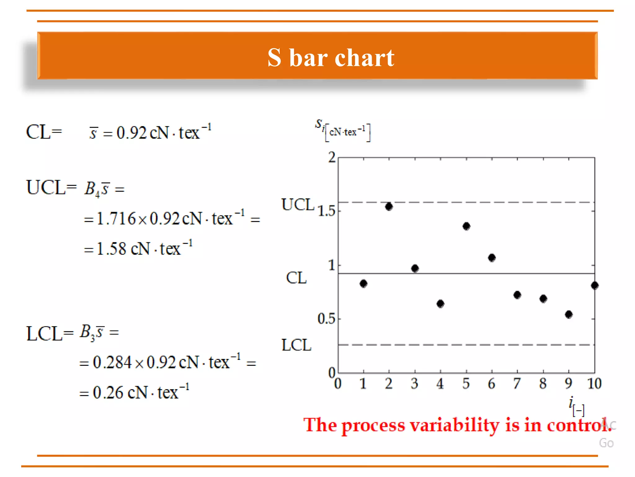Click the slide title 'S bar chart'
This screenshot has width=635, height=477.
pyautogui.click(x=331, y=58)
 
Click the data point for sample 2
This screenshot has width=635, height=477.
pyautogui.click(x=389, y=207)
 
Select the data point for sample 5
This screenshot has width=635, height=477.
pyautogui.click(x=466, y=226)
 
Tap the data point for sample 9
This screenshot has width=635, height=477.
pyautogui.click(x=569, y=315)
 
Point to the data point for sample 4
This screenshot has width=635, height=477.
pyautogui.click(x=440, y=303)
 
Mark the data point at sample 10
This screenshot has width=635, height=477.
pyautogui.click(x=594, y=285)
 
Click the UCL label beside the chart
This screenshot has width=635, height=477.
pyautogui.click(x=298, y=205)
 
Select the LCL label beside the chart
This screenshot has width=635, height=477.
pyautogui.click(x=296, y=345)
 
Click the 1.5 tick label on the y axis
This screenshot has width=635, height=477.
pyautogui.click(x=326, y=211)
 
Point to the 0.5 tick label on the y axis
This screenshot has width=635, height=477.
pyautogui.click(x=326, y=319)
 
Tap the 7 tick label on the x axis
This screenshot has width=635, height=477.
pyautogui.click(x=517, y=384)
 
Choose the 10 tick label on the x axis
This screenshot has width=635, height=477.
pyautogui.click(x=594, y=384)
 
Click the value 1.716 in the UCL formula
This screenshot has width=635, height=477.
pyautogui.click(x=116, y=219)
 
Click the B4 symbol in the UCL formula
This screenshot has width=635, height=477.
pyautogui.click(x=92, y=189)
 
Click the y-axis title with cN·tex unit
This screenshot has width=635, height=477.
pyautogui.click(x=343, y=130)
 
